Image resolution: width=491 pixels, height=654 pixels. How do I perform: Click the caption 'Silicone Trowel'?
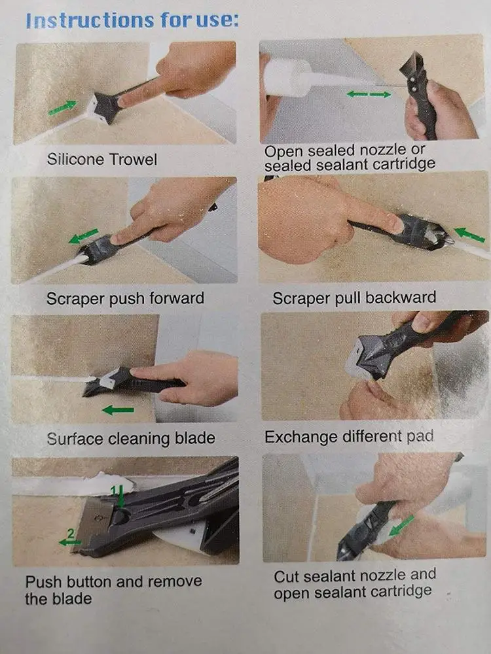coord(102,159)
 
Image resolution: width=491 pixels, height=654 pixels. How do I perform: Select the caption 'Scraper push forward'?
coord(125,299)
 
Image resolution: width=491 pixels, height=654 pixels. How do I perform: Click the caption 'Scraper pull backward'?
coord(354,298)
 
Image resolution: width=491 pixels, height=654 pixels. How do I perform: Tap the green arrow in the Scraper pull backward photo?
coord(469,234)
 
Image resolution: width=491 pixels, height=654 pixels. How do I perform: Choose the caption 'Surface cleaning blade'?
coord(130,438)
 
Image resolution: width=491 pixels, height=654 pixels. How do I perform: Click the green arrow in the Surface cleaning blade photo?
coord(118,410)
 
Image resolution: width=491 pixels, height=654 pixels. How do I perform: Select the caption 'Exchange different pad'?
coord(348,436)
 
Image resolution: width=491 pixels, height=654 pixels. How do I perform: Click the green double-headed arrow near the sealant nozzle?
coord(369,95)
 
